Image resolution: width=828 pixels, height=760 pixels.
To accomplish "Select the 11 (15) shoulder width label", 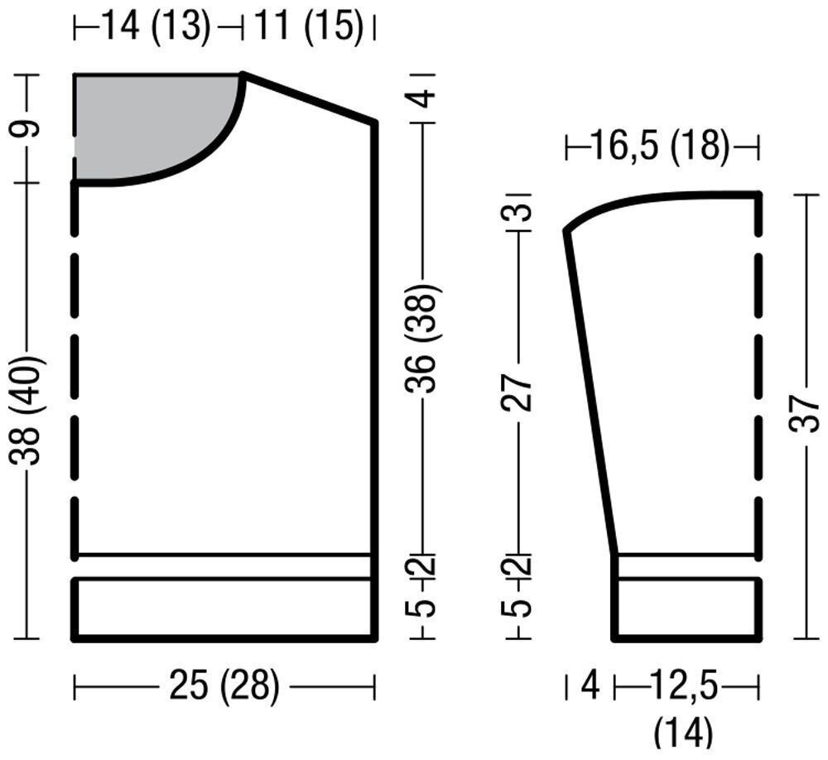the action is tap(310, 26).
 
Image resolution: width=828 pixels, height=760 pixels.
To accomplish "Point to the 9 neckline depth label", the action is tap(26, 128).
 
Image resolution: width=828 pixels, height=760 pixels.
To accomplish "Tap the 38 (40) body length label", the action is tap(26, 411).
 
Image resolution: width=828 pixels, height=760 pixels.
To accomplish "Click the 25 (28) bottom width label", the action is tap(224, 686).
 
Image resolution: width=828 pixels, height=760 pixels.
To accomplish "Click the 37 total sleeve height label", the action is tap(804, 415).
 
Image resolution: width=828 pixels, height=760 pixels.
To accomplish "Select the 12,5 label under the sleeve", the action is tap(685, 685).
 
